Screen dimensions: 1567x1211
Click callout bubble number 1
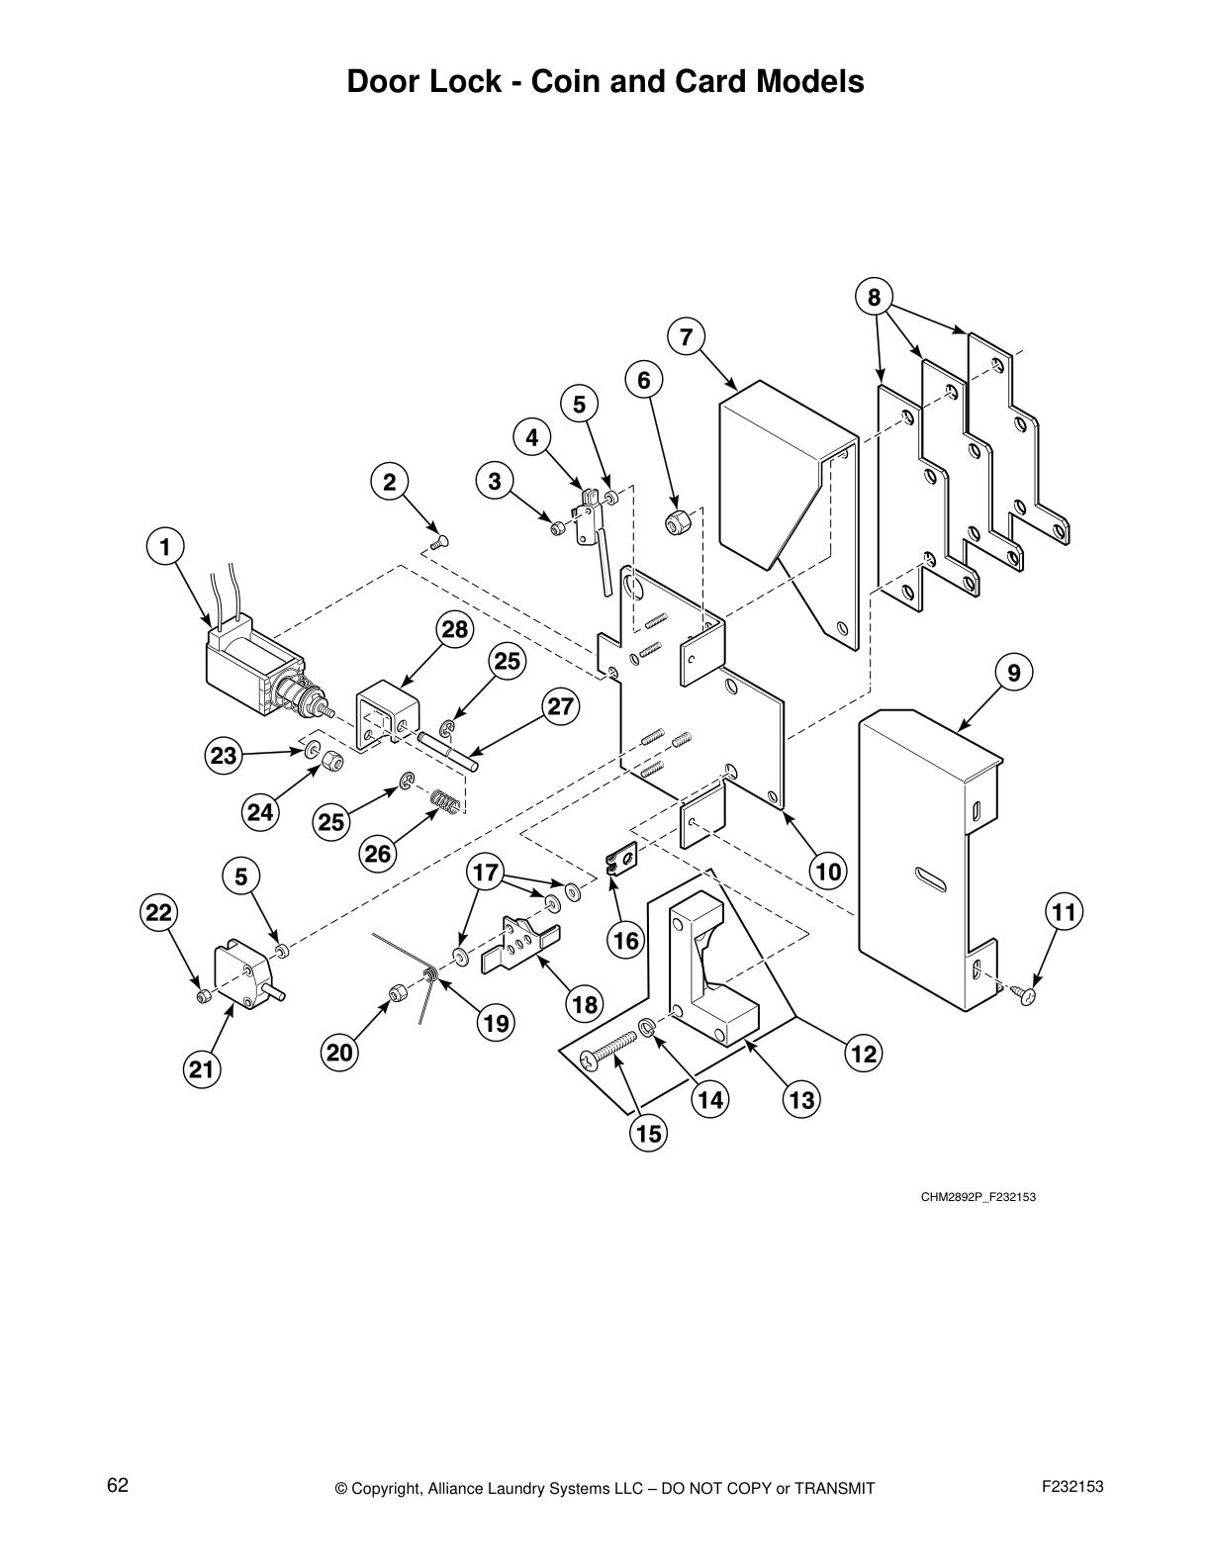pyautogui.click(x=165, y=546)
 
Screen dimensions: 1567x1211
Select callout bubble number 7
pyautogui.click(x=686, y=337)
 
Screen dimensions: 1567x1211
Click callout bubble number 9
pyautogui.click(x=1014, y=673)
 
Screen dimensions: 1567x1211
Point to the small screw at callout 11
pyautogui.click(x=1026, y=994)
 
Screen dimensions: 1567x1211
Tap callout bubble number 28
pyautogui.click(x=456, y=629)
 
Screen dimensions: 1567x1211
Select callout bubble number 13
pyautogui.click(x=800, y=1099)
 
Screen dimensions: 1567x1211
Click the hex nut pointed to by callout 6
pyautogui.click(x=679, y=520)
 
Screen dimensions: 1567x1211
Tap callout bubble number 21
pyautogui.click(x=201, y=1069)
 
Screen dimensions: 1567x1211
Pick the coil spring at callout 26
pyautogui.click(x=446, y=801)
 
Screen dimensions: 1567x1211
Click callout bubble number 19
pyautogui.click(x=496, y=1023)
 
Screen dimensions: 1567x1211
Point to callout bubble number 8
pyautogui.click(x=874, y=297)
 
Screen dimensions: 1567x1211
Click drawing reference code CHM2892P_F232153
pyautogui.click(x=978, y=1198)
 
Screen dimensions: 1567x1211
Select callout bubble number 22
pyautogui.click(x=159, y=912)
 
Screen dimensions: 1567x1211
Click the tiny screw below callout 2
pyautogui.click(x=440, y=540)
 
